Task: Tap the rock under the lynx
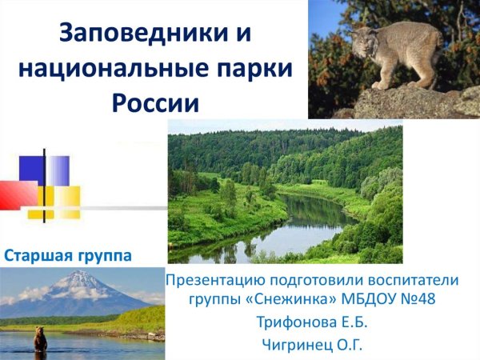pos(416,102)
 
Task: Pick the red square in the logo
pos(16,194)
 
